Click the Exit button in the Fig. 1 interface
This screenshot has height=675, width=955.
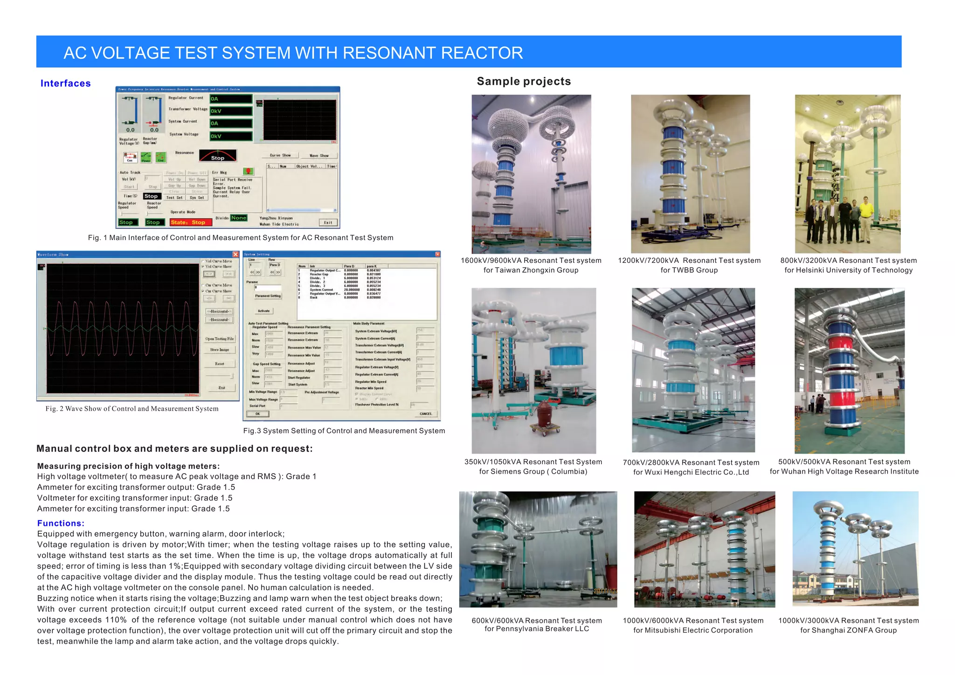point(328,222)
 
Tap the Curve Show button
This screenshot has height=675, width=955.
point(280,155)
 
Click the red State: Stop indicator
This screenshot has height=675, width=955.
point(188,222)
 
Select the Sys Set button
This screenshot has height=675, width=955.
point(197,198)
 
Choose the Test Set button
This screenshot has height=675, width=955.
point(174,198)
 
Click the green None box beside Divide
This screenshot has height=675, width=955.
point(238,218)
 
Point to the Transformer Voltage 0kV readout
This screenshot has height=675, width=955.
point(231,111)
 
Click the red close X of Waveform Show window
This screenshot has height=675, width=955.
point(235,254)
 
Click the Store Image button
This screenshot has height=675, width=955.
point(220,350)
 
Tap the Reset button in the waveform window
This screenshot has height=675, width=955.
point(220,364)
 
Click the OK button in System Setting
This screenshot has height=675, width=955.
point(257,413)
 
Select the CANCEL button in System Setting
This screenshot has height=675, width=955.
point(425,413)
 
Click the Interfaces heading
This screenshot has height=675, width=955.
point(65,83)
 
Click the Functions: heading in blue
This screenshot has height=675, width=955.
point(61,523)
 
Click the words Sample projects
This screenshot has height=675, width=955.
point(524,82)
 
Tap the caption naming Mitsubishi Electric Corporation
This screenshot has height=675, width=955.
point(693,630)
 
